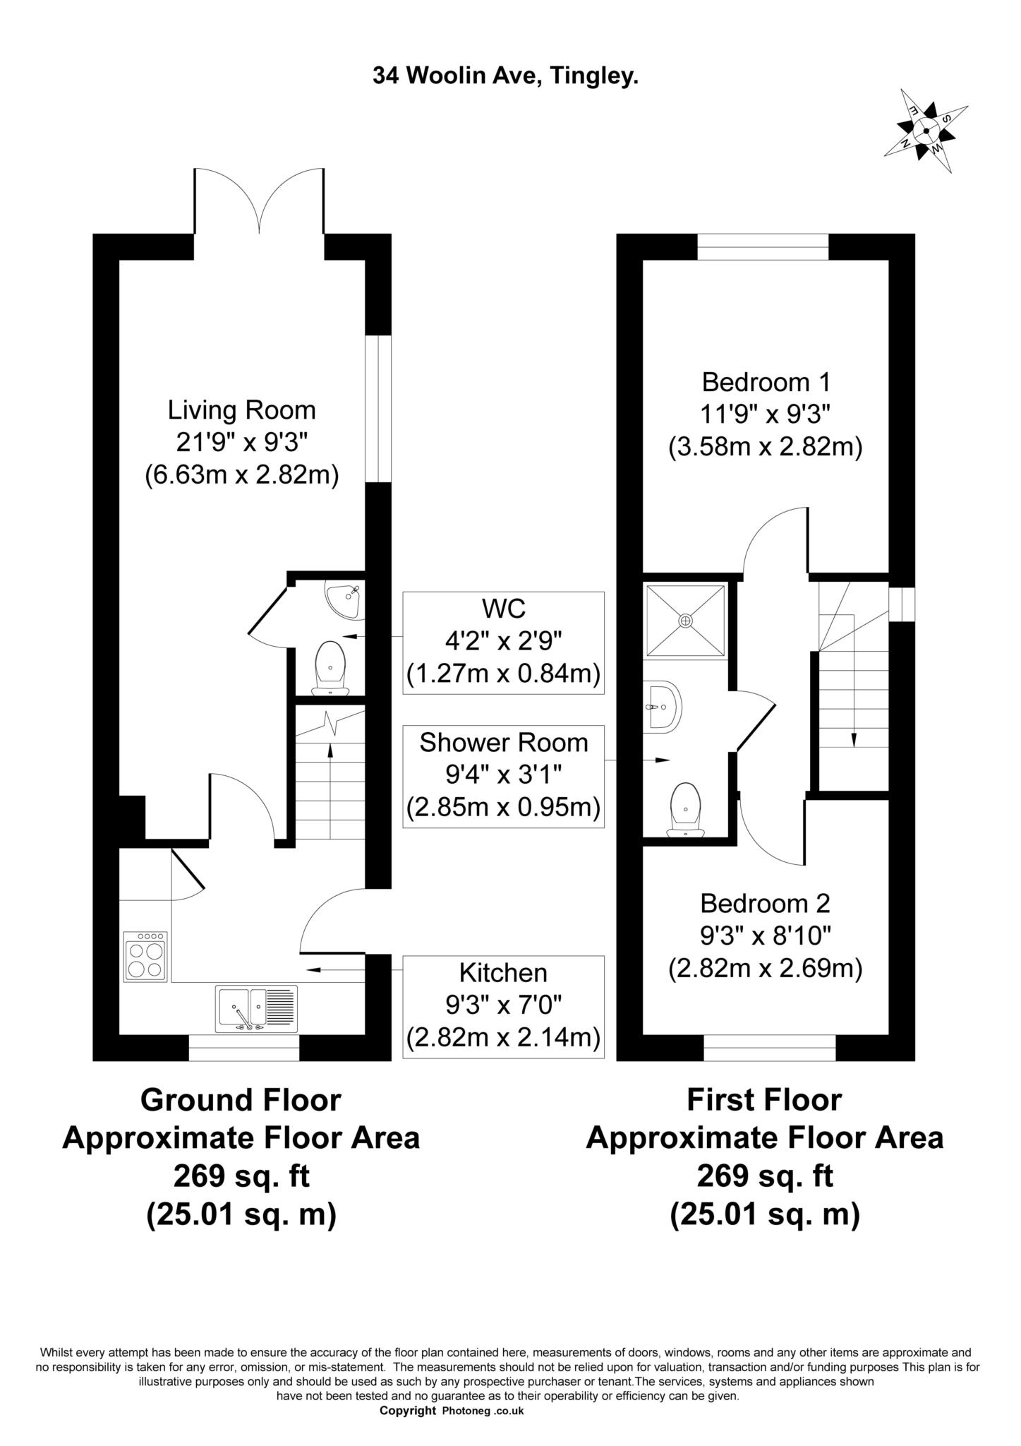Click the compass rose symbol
[x=926, y=131]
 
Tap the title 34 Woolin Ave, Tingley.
[x=505, y=76]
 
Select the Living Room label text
[x=241, y=410]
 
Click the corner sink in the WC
[x=344, y=600]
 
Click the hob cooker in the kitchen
[x=145, y=956]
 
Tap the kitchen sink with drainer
[x=257, y=1009]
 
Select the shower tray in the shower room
[x=685, y=620]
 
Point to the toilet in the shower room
[x=686, y=808]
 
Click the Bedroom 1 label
[x=766, y=382]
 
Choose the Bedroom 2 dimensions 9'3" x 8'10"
[x=766, y=936]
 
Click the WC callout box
[x=503, y=642]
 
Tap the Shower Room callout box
[x=503, y=776]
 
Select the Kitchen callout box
[x=503, y=1006]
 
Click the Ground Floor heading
[x=241, y=1099]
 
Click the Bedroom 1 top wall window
[x=763, y=247]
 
